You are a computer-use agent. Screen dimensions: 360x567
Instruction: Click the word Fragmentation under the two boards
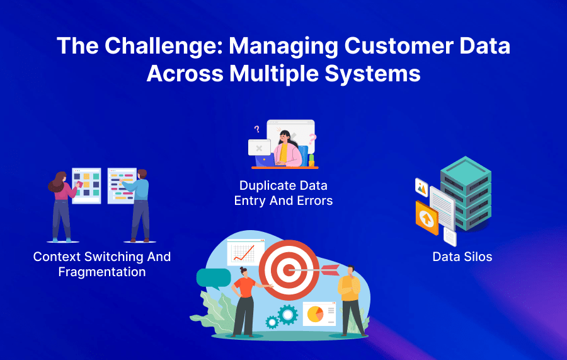[x=102, y=272]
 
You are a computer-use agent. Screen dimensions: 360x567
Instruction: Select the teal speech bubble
[x=213, y=278]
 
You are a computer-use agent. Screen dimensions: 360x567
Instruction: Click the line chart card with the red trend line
[x=245, y=252]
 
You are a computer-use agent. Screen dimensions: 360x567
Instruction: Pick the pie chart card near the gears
[x=319, y=313]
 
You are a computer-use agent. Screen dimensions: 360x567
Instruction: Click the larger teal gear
[x=288, y=313]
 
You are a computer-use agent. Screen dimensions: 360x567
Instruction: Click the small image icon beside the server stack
[x=421, y=187]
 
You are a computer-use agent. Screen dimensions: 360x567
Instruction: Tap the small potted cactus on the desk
[x=311, y=161]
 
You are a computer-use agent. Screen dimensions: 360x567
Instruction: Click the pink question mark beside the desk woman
[x=312, y=138]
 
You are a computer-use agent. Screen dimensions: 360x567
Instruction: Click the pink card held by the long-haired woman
[x=80, y=184]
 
